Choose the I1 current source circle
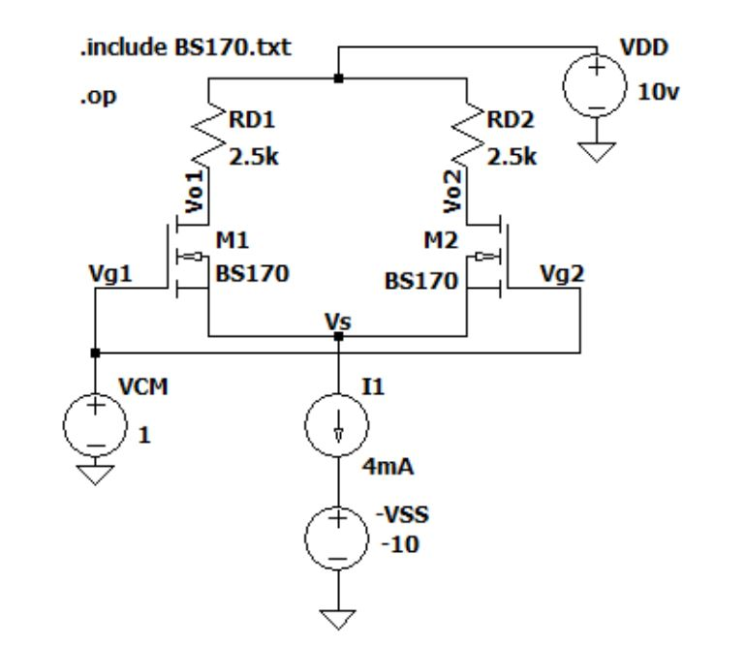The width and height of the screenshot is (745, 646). (x=337, y=427)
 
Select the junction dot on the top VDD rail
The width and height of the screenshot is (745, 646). (x=337, y=79)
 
